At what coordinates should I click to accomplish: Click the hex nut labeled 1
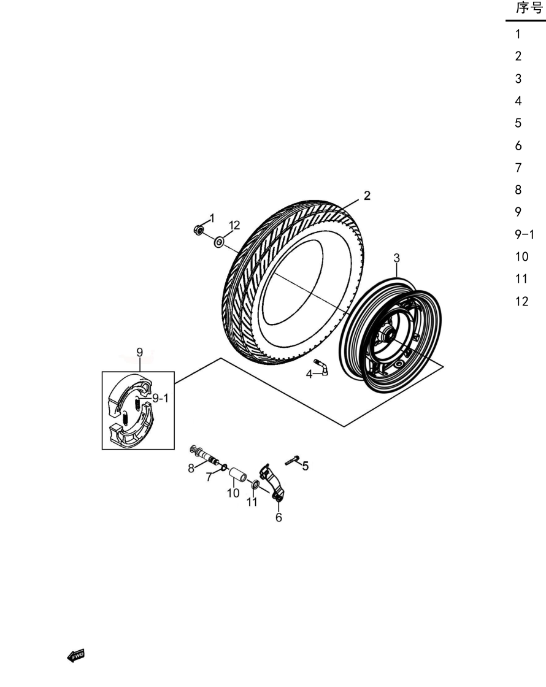point(198,229)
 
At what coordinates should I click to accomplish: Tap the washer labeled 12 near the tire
point(218,242)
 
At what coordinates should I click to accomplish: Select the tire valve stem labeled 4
point(322,367)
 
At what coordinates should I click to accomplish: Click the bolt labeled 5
point(292,461)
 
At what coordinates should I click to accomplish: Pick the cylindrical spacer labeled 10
point(237,474)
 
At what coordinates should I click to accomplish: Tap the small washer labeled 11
point(254,485)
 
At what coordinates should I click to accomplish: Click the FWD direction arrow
point(75,656)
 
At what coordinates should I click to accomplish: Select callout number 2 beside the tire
point(367,196)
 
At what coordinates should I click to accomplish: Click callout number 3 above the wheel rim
point(396,258)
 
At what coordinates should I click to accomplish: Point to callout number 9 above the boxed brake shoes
point(140,352)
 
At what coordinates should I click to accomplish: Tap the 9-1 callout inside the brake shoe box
point(160,398)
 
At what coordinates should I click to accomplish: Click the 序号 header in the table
point(529,7)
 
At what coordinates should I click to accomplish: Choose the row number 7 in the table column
point(518,168)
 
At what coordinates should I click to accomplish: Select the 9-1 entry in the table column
point(525,235)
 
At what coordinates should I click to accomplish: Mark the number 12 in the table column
point(522,301)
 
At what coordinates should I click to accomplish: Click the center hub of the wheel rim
point(388,335)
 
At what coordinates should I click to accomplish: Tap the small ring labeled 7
point(224,467)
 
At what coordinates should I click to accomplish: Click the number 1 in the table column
point(518,34)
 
